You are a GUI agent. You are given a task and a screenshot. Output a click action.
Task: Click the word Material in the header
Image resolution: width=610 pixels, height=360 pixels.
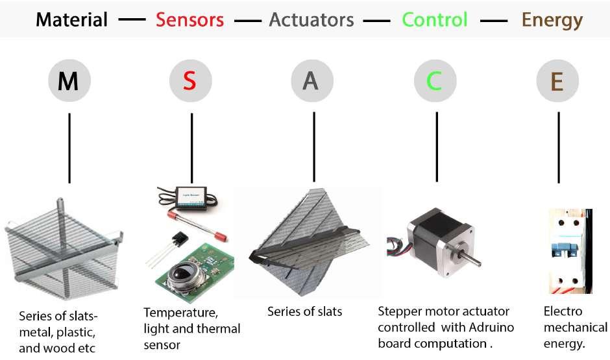coord(71,19)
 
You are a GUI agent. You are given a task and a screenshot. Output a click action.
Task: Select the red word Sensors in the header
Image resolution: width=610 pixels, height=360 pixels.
coord(189,19)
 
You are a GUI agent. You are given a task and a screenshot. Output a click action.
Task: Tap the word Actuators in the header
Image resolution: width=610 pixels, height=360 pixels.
coord(311,19)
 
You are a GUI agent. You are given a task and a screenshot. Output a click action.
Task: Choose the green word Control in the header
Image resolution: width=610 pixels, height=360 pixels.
coord(434,19)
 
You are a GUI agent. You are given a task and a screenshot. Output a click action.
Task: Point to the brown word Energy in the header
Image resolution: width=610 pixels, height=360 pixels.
coord(552,19)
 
